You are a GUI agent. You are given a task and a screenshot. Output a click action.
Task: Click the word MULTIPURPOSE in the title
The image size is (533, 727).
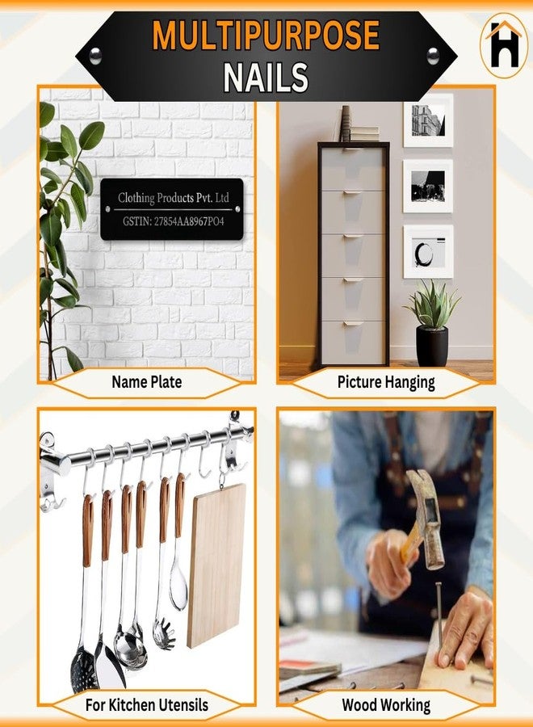(x=266, y=36)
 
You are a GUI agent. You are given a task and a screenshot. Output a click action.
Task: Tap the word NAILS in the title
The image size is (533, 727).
(x=266, y=78)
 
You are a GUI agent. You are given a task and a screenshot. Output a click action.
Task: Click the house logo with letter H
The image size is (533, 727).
(x=504, y=48)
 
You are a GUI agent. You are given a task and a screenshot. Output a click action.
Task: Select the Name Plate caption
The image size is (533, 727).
(x=146, y=382)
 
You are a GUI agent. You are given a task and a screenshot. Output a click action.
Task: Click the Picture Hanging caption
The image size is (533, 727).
(x=386, y=383)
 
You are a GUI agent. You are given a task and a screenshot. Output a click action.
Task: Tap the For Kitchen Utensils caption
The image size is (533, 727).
(x=146, y=705)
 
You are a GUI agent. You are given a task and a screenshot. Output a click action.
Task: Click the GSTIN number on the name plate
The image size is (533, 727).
(x=174, y=221)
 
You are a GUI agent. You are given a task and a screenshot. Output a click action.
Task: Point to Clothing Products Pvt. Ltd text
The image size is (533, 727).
(x=174, y=198)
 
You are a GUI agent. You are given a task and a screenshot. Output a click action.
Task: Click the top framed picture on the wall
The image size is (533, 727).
(x=428, y=120)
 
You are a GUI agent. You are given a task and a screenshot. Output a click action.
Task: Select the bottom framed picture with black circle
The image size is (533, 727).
(x=428, y=252)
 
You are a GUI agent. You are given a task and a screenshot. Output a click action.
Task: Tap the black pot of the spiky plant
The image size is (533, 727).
(x=432, y=347)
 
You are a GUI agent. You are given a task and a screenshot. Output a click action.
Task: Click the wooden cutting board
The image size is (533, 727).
(x=216, y=565)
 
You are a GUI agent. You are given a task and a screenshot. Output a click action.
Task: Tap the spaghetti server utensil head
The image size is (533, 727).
(x=165, y=633)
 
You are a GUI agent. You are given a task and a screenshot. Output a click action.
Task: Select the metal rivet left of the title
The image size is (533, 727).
(x=95, y=56)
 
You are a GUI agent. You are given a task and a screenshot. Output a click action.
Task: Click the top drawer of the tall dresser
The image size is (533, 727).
(x=353, y=170)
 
